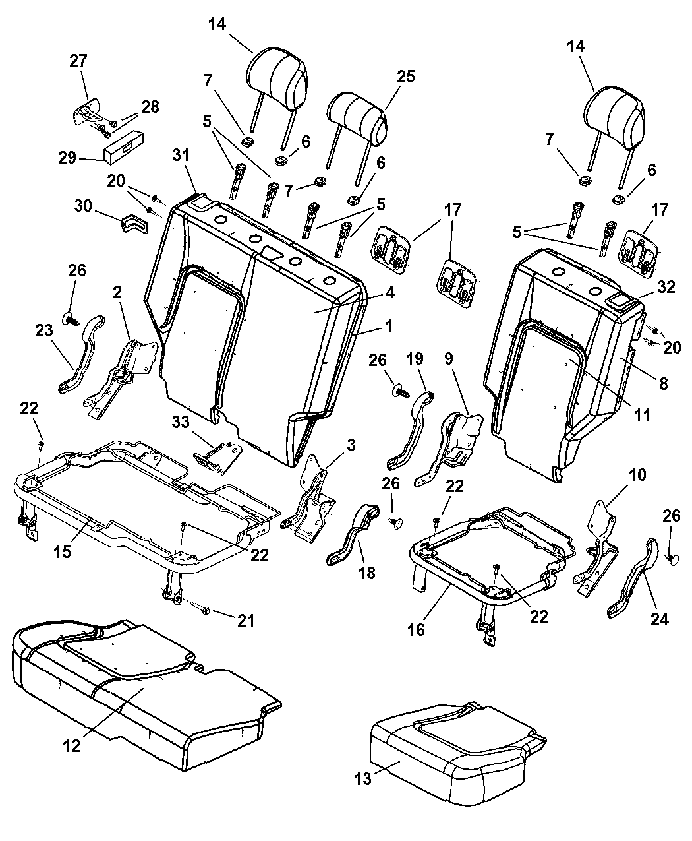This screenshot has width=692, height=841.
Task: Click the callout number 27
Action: [x=78, y=61]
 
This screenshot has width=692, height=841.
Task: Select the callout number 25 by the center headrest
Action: [x=406, y=76]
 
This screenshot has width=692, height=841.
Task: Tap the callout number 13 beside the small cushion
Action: [x=362, y=778]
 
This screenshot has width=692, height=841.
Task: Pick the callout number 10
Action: [x=619, y=474]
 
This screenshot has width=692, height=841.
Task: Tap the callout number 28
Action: [x=150, y=107]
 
